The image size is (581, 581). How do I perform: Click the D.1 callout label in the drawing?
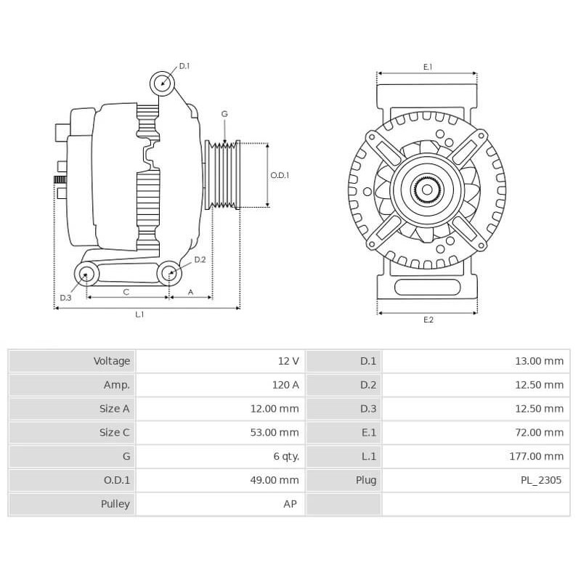[184, 66]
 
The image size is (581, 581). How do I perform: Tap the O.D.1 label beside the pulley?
[280, 175]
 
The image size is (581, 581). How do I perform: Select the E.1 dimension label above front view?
[428, 67]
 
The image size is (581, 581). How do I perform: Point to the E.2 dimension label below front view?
[428, 320]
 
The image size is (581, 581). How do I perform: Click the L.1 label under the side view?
[139, 314]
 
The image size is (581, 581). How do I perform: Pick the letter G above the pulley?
[224, 114]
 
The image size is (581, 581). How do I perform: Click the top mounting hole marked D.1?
[163, 84]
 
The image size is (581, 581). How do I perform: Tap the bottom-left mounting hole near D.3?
[87, 274]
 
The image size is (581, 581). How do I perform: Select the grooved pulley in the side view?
[223, 175]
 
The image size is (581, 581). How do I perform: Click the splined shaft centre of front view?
[427, 190]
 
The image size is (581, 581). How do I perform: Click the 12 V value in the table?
[288, 361]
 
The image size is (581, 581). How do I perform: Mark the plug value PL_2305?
[540, 479]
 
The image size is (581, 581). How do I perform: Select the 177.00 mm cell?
[537, 456]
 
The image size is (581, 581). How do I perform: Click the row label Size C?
[114, 432]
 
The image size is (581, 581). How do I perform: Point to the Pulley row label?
[115, 503]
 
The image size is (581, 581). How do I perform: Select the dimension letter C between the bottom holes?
[126, 292]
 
